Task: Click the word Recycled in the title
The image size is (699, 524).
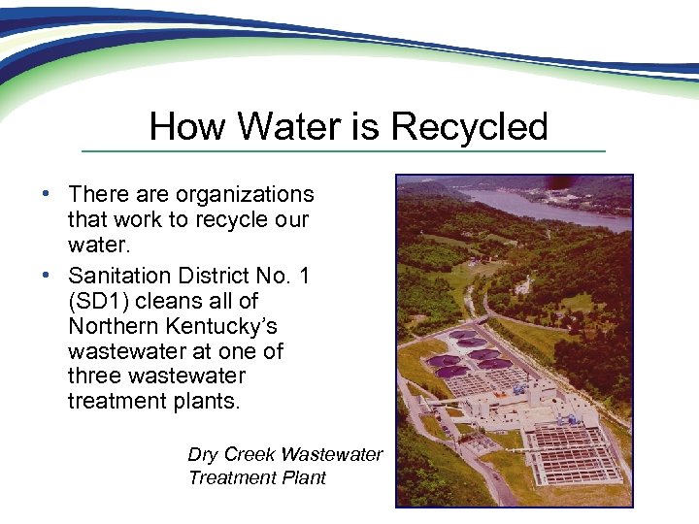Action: (x=469, y=127)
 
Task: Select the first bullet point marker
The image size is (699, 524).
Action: (x=47, y=194)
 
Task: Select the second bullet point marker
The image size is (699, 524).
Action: (x=47, y=276)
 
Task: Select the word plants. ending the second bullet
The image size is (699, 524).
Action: (x=206, y=400)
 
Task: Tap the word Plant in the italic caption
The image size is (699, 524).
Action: (x=301, y=477)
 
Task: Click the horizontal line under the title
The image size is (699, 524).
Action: (x=343, y=151)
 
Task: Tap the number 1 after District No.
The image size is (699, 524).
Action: (x=304, y=277)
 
